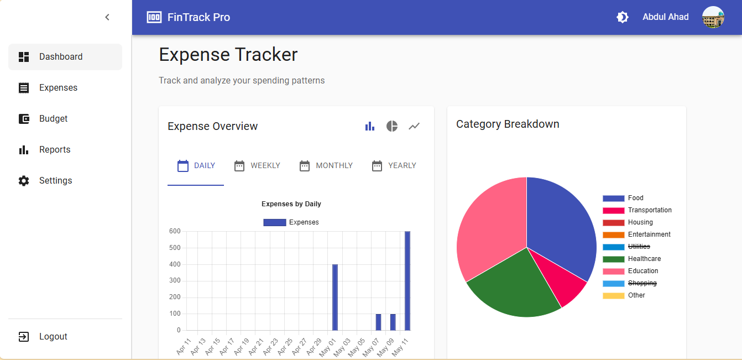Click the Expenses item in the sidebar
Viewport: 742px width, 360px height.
point(58,88)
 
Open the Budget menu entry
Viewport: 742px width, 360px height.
point(53,119)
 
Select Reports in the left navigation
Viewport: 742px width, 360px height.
point(55,150)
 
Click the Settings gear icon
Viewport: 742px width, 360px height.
point(24,181)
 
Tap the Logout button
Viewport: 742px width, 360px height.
point(53,337)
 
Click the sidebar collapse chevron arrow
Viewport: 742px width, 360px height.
point(107,17)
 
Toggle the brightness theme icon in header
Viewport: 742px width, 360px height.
point(623,17)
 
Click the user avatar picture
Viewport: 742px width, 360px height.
point(713,17)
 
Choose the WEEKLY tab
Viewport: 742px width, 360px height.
point(257,166)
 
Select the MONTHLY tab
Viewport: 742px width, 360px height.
point(326,166)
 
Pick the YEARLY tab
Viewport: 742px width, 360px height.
point(394,166)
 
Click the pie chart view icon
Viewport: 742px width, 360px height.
point(392,126)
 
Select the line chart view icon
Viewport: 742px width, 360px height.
point(414,126)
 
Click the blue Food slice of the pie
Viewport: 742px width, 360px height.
point(558,227)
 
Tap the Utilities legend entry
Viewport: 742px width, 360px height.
point(639,247)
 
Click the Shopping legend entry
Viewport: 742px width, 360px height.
point(642,283)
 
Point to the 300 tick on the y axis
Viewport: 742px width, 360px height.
point(175,281)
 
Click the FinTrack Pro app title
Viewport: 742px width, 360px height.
point(198,17)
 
